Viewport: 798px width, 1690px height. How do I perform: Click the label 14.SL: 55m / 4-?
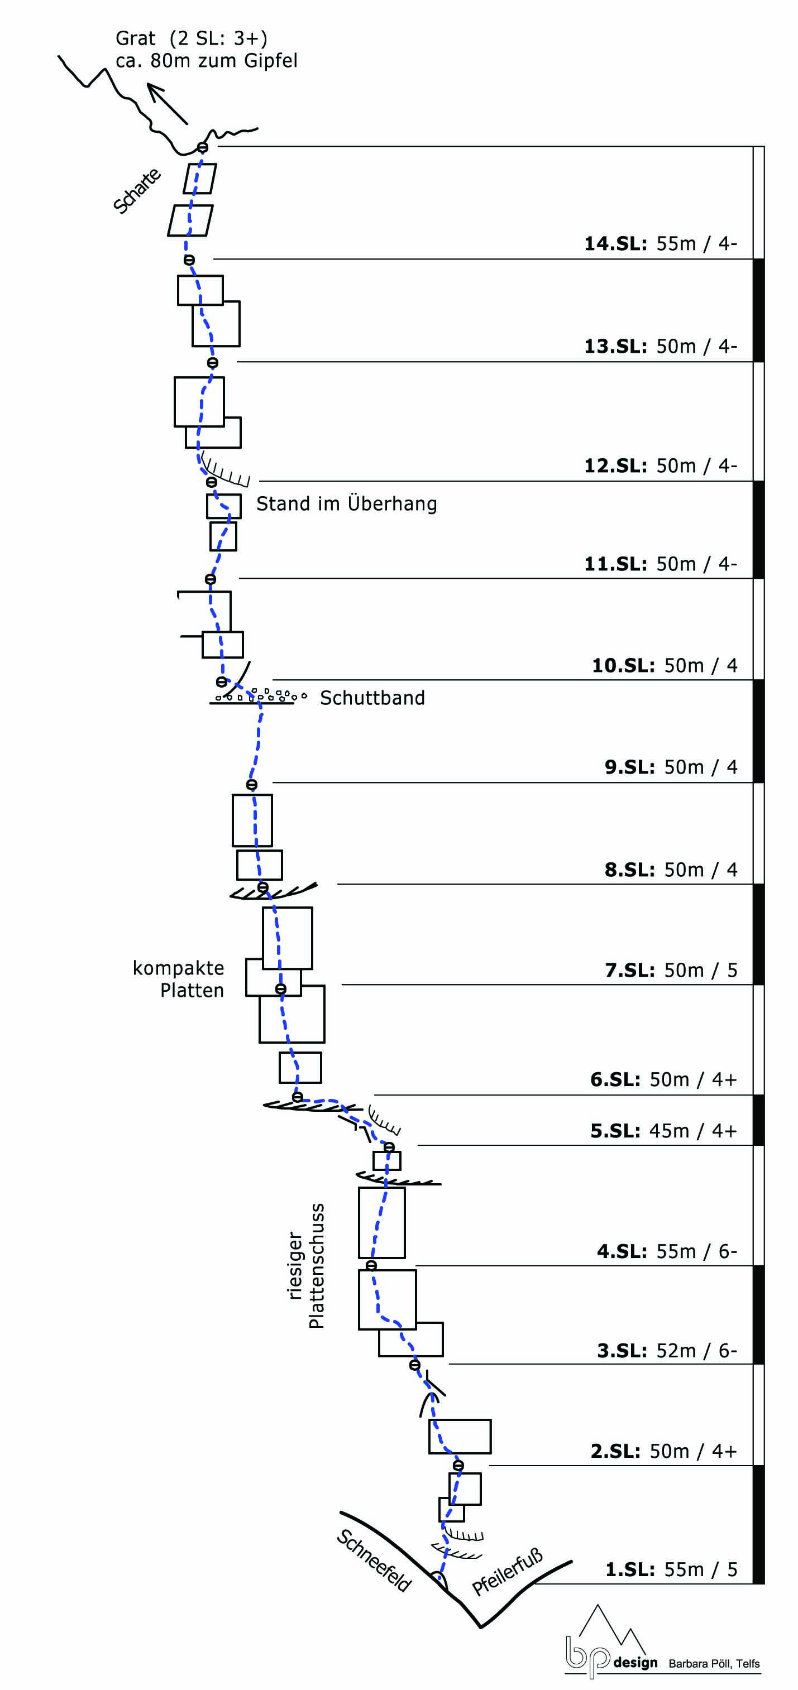[660, 243]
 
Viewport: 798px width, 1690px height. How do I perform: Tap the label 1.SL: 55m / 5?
[671, 1569]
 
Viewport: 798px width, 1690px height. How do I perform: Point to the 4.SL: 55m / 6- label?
[667, 1251]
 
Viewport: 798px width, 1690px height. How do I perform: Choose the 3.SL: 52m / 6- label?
[667, 1350]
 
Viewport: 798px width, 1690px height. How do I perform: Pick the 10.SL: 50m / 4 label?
[664, 665]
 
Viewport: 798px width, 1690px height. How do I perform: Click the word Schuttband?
[372, 698]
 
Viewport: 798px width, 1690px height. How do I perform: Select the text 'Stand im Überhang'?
[346, 503]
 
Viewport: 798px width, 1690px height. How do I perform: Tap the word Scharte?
[136, 190]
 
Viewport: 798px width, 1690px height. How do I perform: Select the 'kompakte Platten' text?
[179, 979]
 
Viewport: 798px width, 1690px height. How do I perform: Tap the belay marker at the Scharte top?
[203, 147]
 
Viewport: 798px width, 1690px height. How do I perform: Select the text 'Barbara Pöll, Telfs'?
[714, 1663]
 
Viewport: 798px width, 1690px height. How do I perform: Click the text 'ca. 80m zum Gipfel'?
[207, 61]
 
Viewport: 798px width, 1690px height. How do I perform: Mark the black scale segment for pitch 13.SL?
[758, 310]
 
